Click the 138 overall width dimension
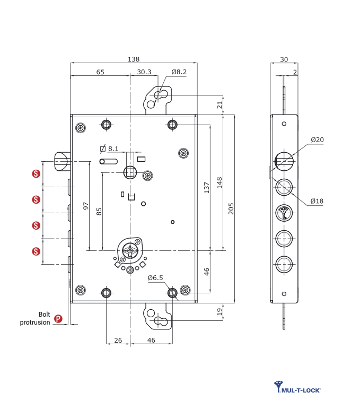[x=134, y=59]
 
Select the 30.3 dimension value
[x=144, y=72]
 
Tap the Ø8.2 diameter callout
[x=179, y=72]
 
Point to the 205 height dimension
[x=231, y=209]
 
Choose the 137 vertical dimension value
[x=207, y=186]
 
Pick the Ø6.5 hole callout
[x=155, y=277]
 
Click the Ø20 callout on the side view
[x=317, y=140]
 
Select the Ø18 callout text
[x=317, y=201]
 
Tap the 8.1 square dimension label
[x=113, y=149]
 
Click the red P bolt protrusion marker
[x=58, y=319]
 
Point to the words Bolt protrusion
[x=36, y=318]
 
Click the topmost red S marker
[x=36, y=173]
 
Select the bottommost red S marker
[x=36, y=251]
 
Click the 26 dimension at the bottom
[x=118, y=340]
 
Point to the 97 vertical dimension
[x=86, y=205]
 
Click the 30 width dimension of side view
[x=284, y=59]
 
